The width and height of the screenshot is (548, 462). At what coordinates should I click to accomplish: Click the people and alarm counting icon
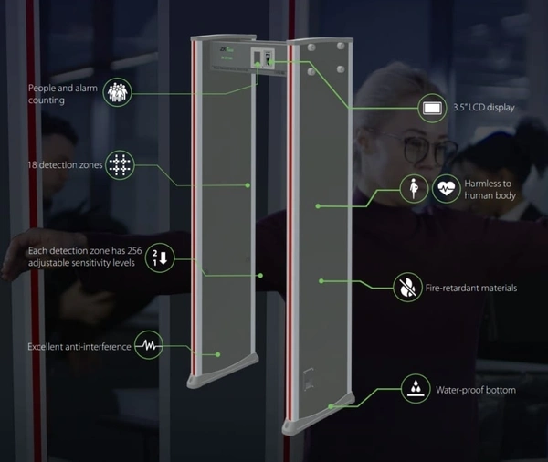(x=117, y=91)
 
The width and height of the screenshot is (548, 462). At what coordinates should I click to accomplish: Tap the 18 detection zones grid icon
(x=119, y=165)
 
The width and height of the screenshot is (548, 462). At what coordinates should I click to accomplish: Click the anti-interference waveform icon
(x=149, y=346)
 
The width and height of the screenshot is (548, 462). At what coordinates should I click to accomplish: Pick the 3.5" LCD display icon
(x=432, y=108)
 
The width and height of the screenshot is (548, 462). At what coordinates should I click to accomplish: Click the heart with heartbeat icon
(x=446, y=189)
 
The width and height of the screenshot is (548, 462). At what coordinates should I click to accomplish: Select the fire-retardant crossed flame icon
(x=406, y=288)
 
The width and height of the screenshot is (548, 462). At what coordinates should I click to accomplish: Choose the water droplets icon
(x=416, y=390)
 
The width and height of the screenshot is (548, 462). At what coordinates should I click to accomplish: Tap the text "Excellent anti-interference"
(x=78, y=346)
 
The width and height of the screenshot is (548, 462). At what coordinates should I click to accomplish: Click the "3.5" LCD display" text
(x=483, y=108)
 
